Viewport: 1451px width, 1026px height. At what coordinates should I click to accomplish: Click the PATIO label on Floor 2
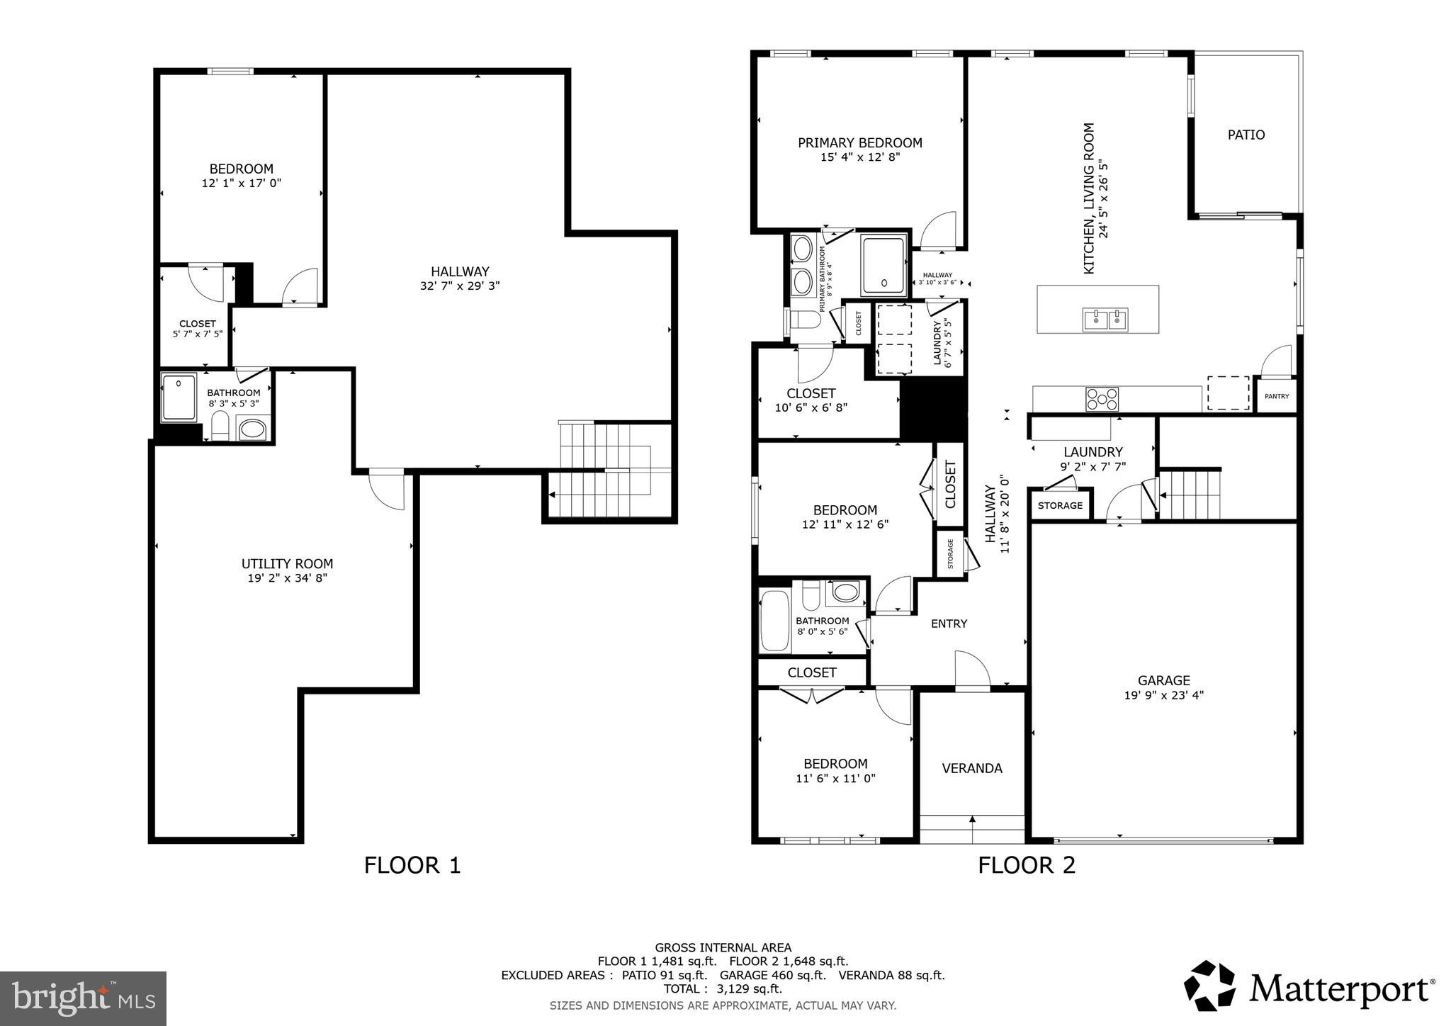(x=1246, y=135)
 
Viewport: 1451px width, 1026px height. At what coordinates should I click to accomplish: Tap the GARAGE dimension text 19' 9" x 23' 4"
(x=1163, y=695)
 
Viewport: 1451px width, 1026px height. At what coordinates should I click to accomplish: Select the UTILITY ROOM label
(x=287, y=564)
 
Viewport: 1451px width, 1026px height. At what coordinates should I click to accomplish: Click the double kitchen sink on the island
(x=1105, y=320)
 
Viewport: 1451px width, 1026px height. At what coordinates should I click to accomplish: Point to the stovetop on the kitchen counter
(x=1102, y=399)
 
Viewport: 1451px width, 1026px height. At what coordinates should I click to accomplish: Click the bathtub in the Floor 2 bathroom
(x=774, y=621)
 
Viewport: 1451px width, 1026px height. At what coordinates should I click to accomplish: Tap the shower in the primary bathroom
(x=883, y=265)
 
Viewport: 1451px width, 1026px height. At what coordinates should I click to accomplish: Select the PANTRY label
(x=1277, y=397)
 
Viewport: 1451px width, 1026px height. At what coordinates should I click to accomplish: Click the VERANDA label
(x=971, y=768)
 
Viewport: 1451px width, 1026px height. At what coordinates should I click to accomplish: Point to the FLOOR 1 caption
(x=412, y=865)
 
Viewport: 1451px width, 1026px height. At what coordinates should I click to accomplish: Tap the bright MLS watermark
(x=83, y=998)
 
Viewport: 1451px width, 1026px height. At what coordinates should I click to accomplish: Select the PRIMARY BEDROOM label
(x=859, y=143)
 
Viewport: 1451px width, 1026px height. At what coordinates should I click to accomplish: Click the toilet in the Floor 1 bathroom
(x=220, y=427)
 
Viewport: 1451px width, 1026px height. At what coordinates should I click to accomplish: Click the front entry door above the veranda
(x=971, y=671)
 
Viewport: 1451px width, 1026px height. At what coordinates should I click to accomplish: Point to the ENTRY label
(x=949, y=624)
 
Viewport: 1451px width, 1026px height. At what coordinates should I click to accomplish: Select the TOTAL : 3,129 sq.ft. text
(x=723, y=988)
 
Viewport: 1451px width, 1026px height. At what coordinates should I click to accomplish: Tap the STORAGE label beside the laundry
(x=1060, y=505)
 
